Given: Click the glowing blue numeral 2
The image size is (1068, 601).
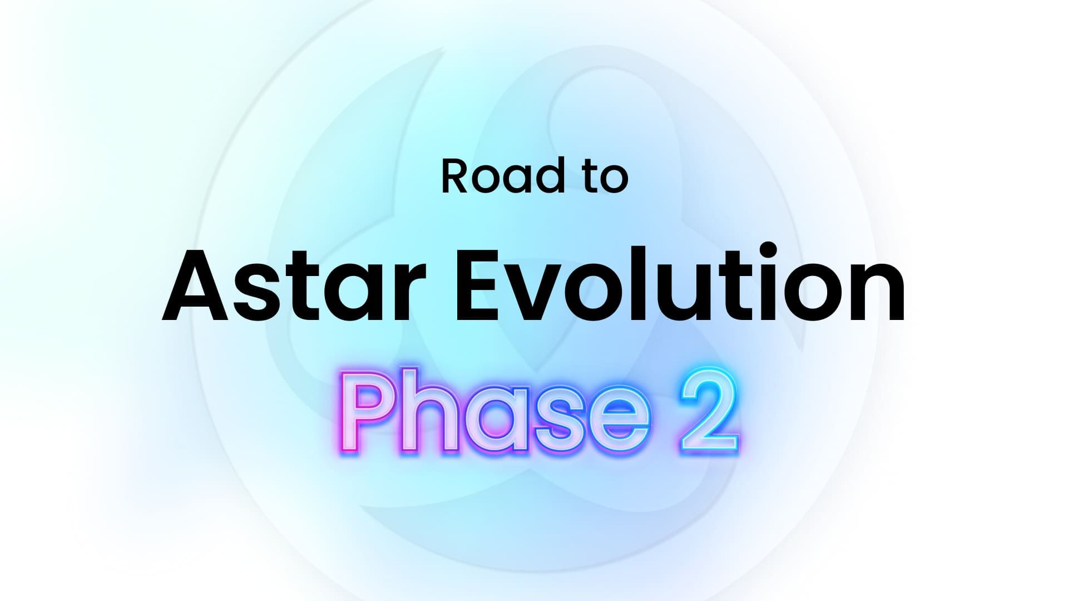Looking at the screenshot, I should tap(709, 411).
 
